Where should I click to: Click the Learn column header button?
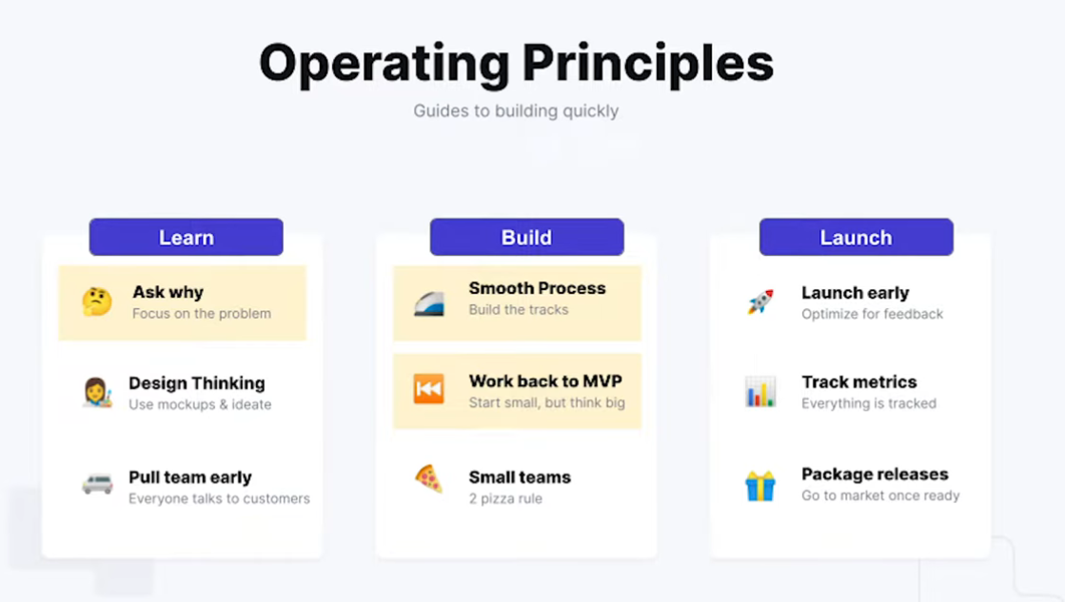[187, 237]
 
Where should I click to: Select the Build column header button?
[526, 237]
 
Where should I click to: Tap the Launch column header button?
[856, 237]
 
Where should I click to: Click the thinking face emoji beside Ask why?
[97, 302]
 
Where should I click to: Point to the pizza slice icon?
[428, 479]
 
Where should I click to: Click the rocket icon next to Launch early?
[760, 302]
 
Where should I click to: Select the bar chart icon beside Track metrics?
[760, 392]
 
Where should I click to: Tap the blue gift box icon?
[760, 485]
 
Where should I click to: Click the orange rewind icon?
[428, 389]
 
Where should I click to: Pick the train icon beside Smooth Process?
[429, 303]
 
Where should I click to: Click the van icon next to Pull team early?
[97, 484]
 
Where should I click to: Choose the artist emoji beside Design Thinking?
[97, 392]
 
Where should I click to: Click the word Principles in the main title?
[648, 64]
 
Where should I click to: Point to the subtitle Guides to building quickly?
[516, 110]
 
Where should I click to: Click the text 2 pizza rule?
[505, 498]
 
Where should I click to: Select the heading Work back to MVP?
[545, 380]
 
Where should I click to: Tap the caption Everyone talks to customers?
[219, 498]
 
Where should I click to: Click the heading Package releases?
[875, 474]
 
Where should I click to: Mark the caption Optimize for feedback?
[872, 314]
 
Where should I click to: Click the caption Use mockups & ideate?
[200, 404]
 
